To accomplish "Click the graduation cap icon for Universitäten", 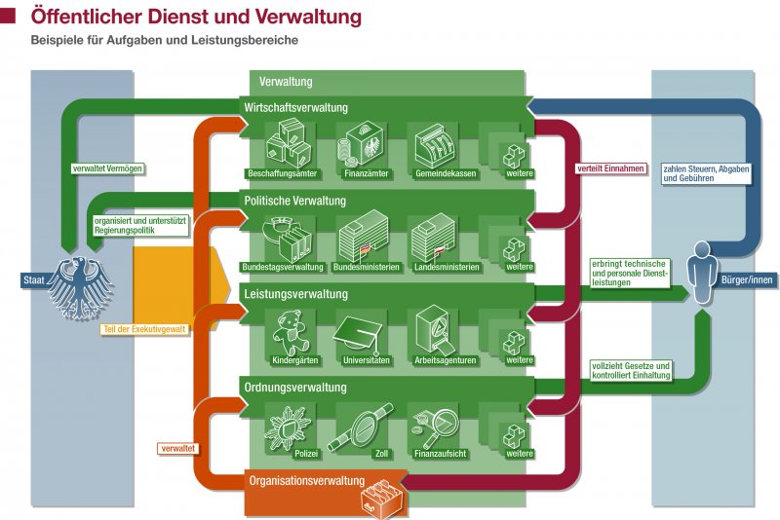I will point(361,332).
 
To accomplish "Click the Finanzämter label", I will point(361,173).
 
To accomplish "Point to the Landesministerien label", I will point(432,267).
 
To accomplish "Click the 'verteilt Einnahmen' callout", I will point(610,167).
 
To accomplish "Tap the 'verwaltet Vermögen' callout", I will point(108,167).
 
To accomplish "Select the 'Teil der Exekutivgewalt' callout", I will point(143,329).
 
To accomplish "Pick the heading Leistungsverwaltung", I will point(294,294).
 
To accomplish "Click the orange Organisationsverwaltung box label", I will point(306,481).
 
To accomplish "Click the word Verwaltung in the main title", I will point(303,17).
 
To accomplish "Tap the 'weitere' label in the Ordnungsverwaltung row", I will point(520,454).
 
